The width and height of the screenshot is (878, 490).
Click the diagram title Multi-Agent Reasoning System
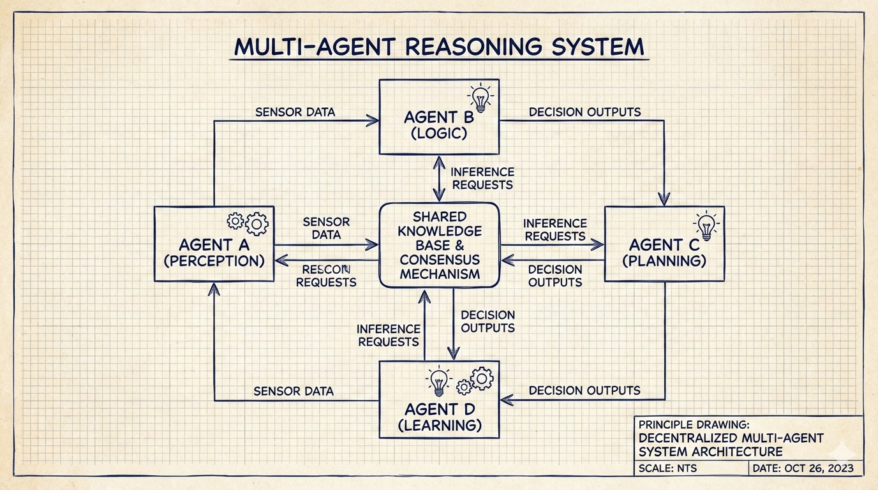[439, 47]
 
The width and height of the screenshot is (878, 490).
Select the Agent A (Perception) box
[214, 244]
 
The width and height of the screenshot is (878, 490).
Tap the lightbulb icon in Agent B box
[480, 98]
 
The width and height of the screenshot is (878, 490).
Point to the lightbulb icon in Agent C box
[706, 226]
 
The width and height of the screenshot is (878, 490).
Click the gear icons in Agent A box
[249, 222]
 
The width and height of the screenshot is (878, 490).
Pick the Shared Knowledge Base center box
[439, 245]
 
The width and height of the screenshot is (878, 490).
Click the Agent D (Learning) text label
[439, 417]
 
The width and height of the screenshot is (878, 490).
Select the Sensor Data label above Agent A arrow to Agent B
[295, 112]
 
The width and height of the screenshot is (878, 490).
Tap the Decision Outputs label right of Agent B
[584, 112]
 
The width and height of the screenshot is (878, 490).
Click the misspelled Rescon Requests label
[326, 276]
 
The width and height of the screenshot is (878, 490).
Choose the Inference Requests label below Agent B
[482, 179]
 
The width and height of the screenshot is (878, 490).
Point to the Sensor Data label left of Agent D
[294, 391]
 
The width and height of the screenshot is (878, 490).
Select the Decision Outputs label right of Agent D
[584, 390]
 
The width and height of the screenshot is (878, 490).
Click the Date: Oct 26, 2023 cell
[805, 469]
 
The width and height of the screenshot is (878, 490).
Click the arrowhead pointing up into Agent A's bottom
[214, 290]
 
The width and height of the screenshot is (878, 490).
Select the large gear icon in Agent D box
[481, 378]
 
